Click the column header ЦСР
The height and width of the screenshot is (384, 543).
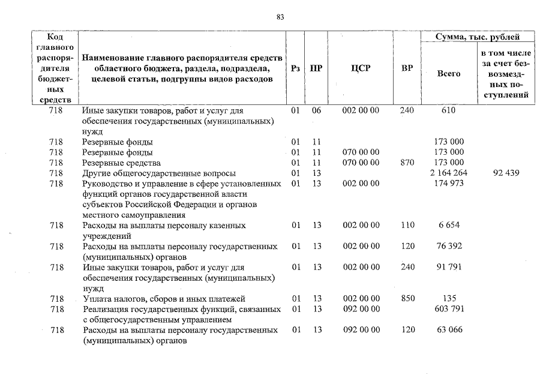360,68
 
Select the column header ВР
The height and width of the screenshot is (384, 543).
407,68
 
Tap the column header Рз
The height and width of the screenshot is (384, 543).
295,68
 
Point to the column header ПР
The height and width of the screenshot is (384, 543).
316,68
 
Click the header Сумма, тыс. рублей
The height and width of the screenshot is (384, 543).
478,37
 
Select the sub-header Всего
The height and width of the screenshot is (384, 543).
449,74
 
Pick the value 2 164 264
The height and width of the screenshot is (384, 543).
449,173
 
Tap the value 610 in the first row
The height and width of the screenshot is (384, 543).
448,111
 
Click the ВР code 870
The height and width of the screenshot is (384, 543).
407,163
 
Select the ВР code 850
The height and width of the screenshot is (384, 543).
407,299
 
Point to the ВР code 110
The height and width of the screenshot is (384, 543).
407,226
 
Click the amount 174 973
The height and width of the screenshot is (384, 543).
449,184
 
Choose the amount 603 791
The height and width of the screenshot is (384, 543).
449,309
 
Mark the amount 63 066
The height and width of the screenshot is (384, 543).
449,330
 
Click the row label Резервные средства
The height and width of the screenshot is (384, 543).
121,163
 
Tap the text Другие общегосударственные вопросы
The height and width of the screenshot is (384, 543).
158,173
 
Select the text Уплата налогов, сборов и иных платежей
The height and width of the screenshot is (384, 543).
164,299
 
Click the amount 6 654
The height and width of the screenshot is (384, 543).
449,226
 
